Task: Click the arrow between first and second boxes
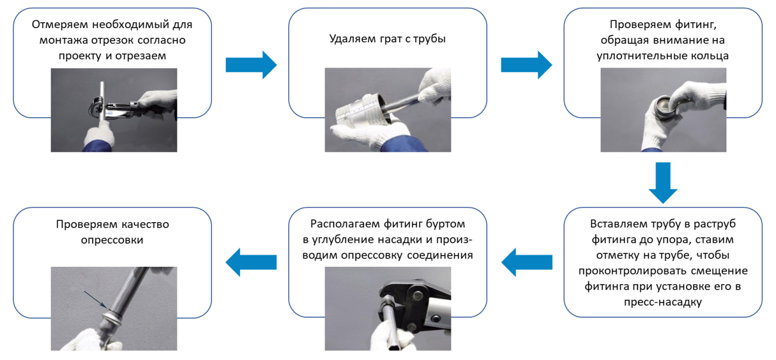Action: [251, 65]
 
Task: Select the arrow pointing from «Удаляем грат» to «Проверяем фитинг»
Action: [526, 65]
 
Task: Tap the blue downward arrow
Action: [663, 182]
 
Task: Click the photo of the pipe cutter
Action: [113, 110]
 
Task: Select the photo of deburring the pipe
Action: [388, 110]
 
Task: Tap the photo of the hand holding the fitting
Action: [663, 110]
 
